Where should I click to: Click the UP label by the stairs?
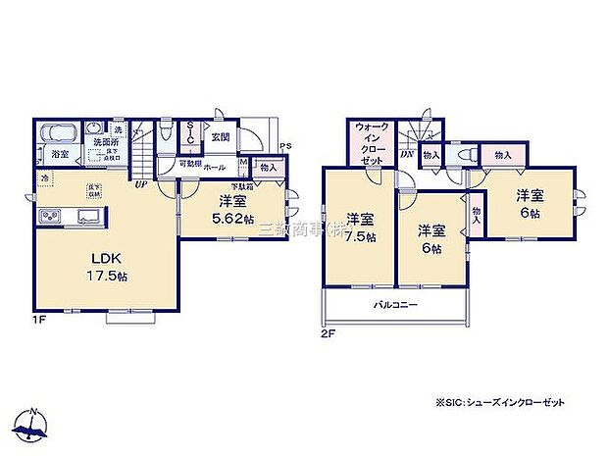point(142,183)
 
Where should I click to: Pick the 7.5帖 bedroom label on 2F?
point(360,228)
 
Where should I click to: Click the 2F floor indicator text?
point(329,333)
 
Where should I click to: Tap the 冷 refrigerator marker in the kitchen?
point(45,178)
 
